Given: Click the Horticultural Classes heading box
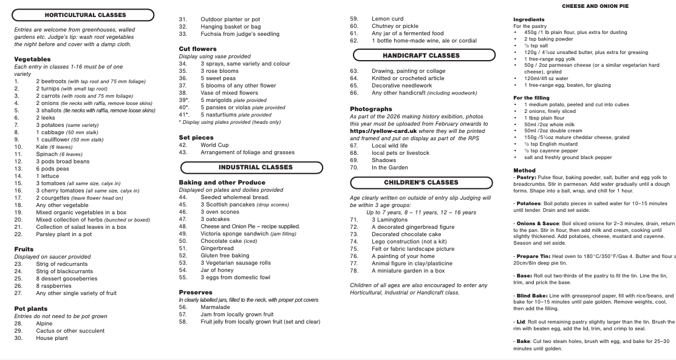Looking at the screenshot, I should pos(86,15).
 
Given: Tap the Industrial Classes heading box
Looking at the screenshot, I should pos(255,167).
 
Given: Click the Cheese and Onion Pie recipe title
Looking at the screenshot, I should pos(595,6).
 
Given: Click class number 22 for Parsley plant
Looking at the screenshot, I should pos(18,234).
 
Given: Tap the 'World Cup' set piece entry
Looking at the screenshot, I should pos(214,145).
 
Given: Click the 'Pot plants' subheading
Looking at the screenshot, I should pos(31,308).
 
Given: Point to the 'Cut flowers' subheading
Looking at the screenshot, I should pos(197,49).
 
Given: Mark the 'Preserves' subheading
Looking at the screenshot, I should pos(196,292).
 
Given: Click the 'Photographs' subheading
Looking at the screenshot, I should pos(371,109).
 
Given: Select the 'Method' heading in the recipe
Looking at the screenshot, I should pos(524,171).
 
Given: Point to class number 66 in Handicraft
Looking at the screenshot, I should pos(354,93).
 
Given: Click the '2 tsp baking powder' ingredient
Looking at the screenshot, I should pos(548,39).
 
